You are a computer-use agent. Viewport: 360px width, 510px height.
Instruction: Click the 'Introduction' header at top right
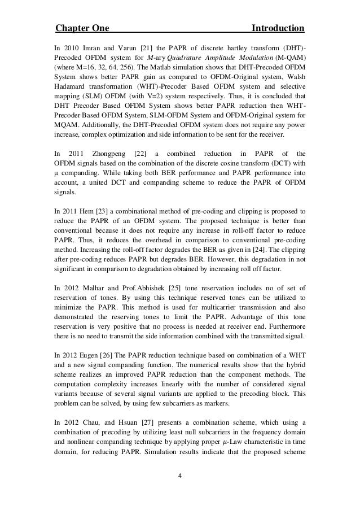pos(278,28)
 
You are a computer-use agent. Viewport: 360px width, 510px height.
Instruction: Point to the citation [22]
pos(136,153)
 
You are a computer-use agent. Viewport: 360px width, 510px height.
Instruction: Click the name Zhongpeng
pos(104,153)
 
